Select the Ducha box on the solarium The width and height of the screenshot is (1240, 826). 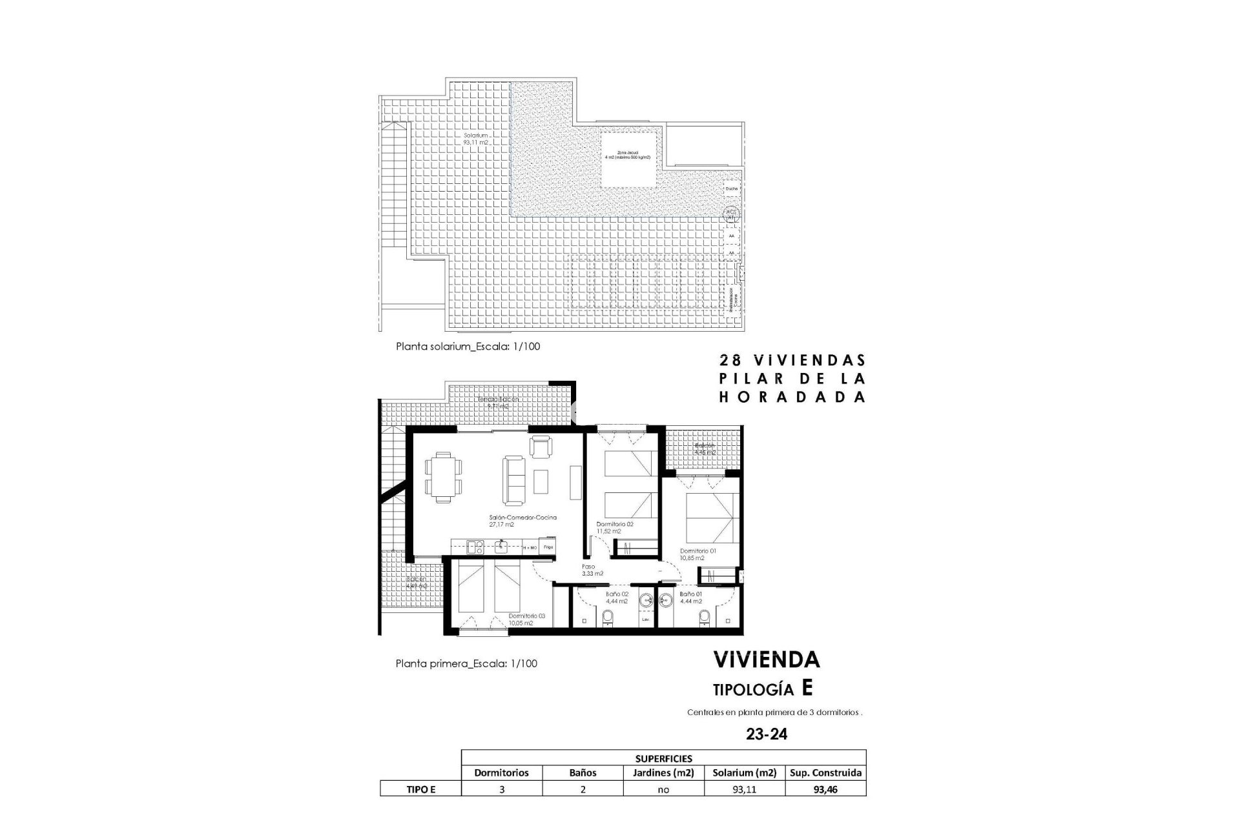pos(731,188)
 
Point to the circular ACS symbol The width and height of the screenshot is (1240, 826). pos(730,215)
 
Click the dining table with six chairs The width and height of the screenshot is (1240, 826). pos(444,477)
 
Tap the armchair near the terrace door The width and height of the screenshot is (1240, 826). pos(541,446)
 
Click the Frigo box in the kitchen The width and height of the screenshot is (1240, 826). pos(548,547)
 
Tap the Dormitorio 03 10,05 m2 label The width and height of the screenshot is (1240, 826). pos(526,619)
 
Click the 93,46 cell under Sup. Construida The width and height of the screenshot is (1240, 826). pos(825,789)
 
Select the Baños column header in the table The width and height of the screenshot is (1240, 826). pos(583,772)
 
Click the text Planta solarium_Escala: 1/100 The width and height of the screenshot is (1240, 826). pos(468,347)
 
